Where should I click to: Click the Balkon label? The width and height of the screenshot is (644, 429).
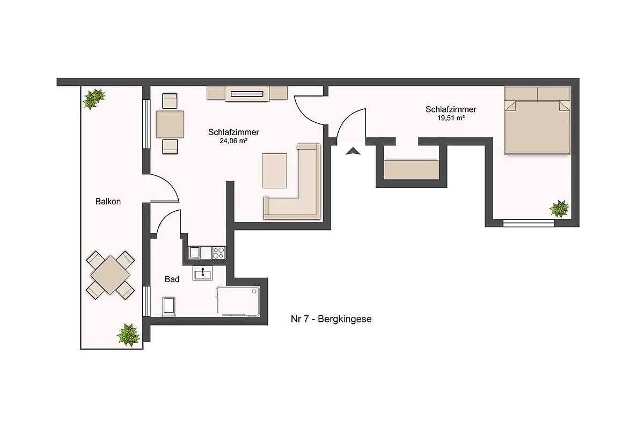[x=108, y=202]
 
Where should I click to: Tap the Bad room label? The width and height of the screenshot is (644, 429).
[x=172, y=279]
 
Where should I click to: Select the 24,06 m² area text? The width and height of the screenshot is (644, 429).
[x=233, y=141]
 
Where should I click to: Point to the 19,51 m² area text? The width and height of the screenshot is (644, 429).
[x=451, y=118]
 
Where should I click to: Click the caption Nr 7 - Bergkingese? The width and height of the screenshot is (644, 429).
[x=331, y=319]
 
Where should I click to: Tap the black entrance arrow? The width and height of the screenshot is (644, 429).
[x=353, y=151]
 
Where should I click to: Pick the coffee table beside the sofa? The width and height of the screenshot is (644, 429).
[x=274, y=171]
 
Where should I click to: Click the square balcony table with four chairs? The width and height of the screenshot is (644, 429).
[x=111, y=275]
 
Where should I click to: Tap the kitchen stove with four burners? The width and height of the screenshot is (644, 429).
[x=218, y=253]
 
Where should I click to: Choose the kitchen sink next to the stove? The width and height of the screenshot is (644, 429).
[x=195, y=253]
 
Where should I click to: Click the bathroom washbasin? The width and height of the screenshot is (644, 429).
[x=203, y=273]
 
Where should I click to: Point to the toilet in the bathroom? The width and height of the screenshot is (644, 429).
[x=169, y=307]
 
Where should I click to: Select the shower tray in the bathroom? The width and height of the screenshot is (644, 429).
[x=238, y=301]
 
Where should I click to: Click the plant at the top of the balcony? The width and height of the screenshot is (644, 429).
[x=93, y=99]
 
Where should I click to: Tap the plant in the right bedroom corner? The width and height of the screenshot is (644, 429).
[x=559, y=209]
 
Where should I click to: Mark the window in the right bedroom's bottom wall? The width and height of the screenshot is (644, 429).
[x=529, y=223]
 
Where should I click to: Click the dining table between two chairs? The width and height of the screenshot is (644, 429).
[x=170, y=124]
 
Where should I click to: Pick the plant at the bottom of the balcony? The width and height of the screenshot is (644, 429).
[x=128, y=335]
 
